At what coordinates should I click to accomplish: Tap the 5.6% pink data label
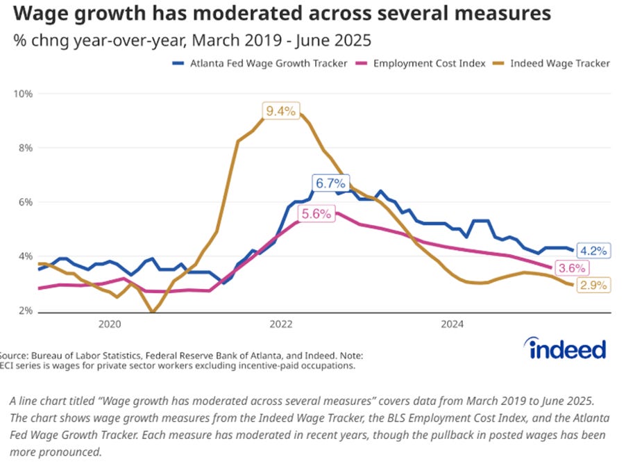[x=316, y=215]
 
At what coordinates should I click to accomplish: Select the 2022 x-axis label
[x=281, y=324]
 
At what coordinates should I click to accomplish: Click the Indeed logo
[x=566, y=348]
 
